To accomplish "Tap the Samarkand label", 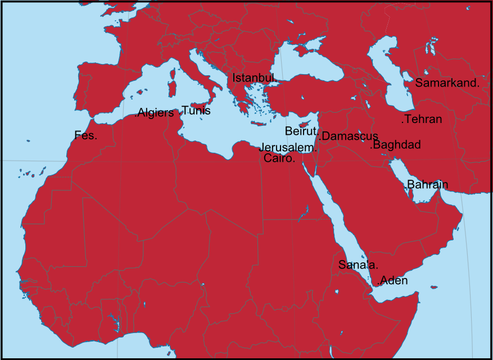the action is (x=447, y=83).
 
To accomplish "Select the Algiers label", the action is (x=155, y=113).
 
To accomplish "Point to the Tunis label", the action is (x=196, y=111).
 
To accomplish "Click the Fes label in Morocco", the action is (x=85, y=135).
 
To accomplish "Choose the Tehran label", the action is (x=422, y=119).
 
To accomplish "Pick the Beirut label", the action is (x=301, y=131).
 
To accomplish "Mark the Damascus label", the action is (x=349, y=136).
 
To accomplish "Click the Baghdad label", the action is (x=396, y=145).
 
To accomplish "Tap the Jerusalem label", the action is (x=287, y=148).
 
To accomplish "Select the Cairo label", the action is (x=279, y=158).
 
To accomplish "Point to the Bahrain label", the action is (x=427, y=184).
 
